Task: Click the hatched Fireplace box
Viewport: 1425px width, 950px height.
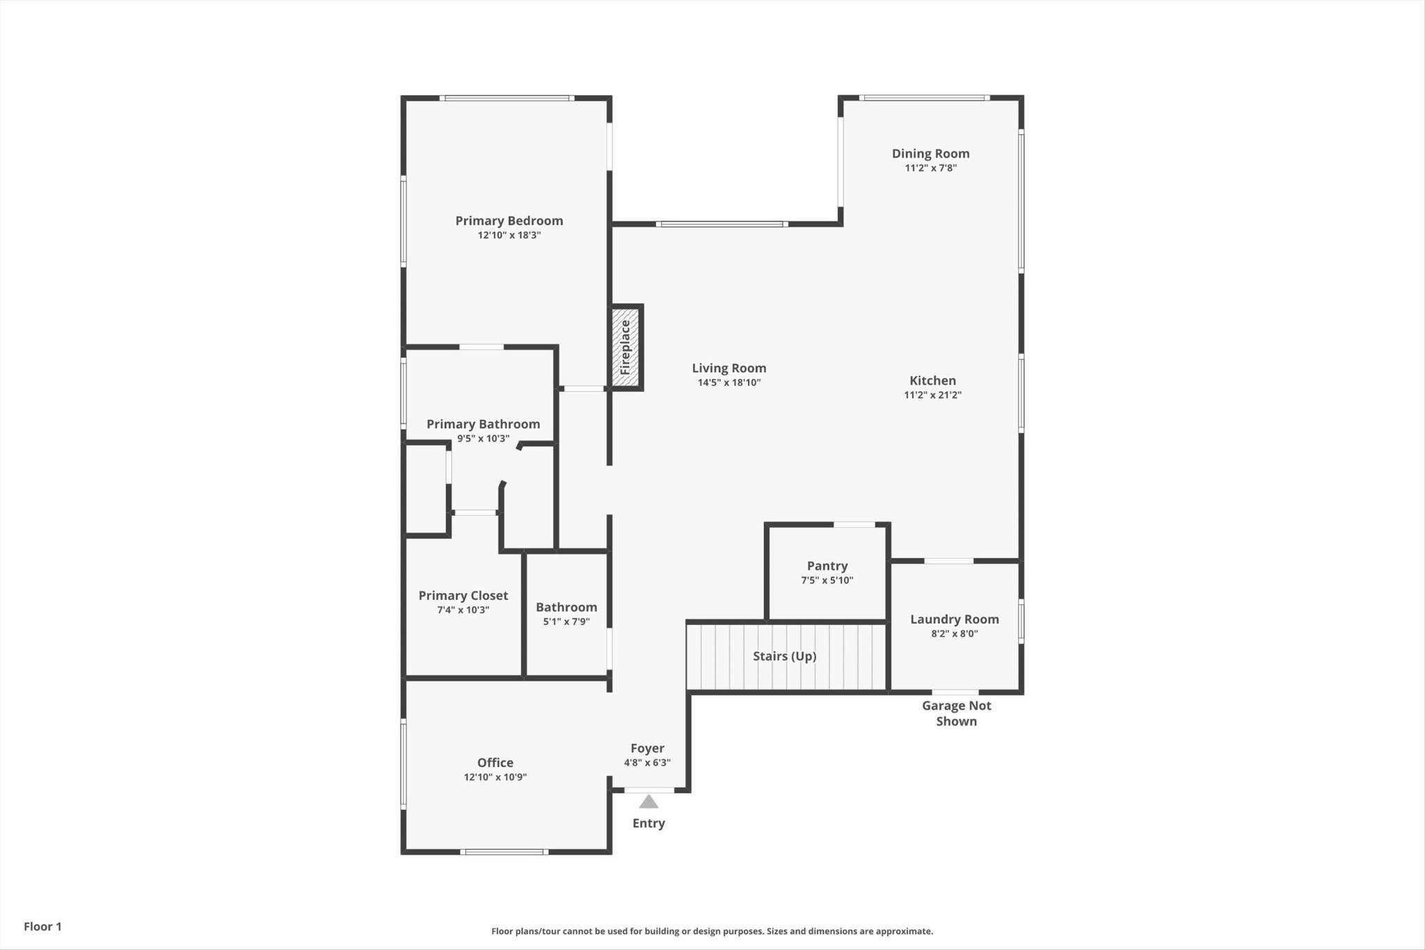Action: (626, 347)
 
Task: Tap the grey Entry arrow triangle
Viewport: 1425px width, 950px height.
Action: (648, 802)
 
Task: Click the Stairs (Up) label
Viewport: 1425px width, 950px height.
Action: (785, 656)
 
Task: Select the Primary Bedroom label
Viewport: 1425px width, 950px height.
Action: (509, 221)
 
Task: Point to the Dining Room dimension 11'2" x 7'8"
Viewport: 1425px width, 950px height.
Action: (931, 168)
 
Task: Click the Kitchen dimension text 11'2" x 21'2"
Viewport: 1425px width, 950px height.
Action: (932, 395)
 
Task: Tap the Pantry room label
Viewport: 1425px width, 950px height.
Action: (827, 567)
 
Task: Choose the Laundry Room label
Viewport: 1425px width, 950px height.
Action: (955, 619)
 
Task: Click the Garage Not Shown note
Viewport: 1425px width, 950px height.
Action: (957, 713)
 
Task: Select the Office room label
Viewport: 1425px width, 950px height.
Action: (495, 763)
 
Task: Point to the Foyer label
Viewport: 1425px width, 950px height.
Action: (647, 749)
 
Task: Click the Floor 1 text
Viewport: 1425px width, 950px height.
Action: (42, 926)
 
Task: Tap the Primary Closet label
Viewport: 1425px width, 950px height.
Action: (463, 596)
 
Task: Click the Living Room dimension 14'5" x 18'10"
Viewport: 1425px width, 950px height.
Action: (729, 382)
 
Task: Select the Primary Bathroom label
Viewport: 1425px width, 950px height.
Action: (484, 425)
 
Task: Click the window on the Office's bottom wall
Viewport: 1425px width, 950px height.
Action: (504, 852)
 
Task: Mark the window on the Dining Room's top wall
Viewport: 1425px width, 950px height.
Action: (924, 98)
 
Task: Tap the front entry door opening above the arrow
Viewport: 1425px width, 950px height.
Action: (649, 790)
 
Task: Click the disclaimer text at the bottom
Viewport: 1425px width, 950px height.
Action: (712, 931)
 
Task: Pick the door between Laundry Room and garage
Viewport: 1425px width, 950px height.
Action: (955, 692)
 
